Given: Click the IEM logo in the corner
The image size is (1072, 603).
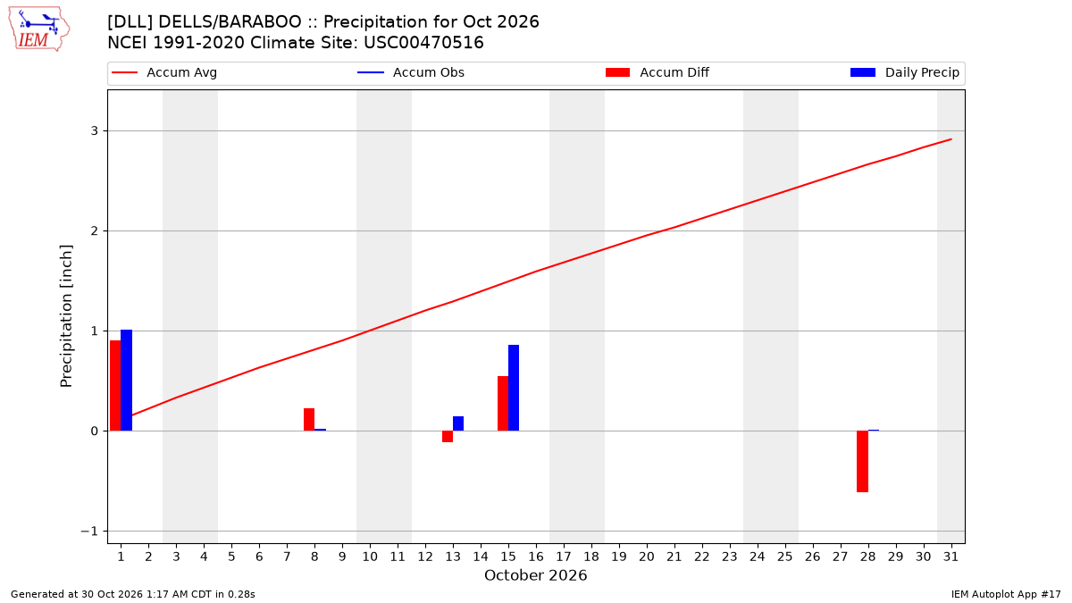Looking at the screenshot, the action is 39,29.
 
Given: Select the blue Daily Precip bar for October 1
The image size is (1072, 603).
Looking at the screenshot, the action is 126,381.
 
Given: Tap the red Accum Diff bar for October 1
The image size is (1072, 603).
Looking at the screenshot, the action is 115,386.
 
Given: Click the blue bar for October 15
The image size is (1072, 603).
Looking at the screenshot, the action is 514,388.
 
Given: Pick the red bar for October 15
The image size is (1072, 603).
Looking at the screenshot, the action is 503,404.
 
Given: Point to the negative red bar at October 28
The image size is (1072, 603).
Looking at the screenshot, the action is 862,461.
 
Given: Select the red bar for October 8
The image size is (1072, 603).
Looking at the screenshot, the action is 309,420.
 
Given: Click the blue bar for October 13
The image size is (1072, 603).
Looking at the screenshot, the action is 458,423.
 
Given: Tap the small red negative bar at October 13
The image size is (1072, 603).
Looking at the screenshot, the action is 448,437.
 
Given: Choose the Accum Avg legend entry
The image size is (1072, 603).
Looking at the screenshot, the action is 164,72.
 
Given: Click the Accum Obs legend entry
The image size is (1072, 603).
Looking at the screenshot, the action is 411,72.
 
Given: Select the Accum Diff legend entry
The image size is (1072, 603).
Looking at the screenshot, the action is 657,72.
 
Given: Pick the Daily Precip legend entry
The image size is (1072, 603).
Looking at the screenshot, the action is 904,72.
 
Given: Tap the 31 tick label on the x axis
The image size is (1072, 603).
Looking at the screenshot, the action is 951,557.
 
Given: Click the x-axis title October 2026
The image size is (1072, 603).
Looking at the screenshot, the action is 535,575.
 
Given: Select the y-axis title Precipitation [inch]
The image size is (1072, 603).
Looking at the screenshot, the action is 66,316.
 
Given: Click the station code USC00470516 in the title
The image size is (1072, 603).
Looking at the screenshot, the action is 423,43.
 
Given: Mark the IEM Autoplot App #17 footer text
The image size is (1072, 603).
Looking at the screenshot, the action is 1006,594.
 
